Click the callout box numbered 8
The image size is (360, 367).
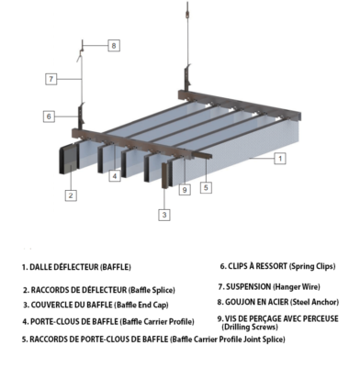pos(114,46)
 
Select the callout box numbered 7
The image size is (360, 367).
pos(51,79)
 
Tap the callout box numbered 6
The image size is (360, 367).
pos(49,117)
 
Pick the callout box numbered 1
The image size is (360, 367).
pos(280,159)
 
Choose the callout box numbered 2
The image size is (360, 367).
pos(71,195)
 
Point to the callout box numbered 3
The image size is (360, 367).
pos(164,215)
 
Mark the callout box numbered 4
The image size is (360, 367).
pos(115,176)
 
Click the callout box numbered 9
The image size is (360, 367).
pos(185,190)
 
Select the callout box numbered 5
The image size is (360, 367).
pos(206,187)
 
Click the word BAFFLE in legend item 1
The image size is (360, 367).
pos(116,267)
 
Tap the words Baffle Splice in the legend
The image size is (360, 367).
pos(152,290)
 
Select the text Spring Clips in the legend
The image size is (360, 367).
pos(312,266)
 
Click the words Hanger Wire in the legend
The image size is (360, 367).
pos(297,287)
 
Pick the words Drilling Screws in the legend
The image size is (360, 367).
pos(250,327)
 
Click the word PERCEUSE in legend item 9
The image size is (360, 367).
pos(321,318)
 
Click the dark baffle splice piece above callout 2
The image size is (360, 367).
pos(67,161)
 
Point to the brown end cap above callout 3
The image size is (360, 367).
pos(164,175)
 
